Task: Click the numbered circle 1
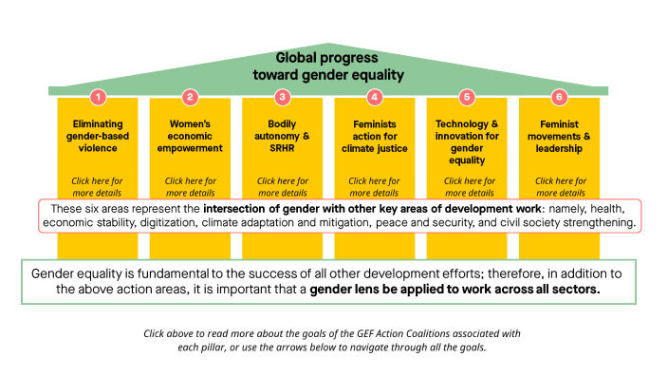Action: pyautogui.click(x=98, y=97)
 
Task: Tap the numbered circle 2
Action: pyautogui.click(x=190, y=97)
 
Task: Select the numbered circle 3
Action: pyautogui.click(x=282, y=97)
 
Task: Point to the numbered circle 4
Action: pyautogui.click(x=375, y=97)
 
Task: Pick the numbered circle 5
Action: pyautogui.click(x=466, y=97)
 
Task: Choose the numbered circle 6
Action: pyautogui.click(x=559, y=97)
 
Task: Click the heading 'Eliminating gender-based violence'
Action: pyautogui.click(x=98, y=136)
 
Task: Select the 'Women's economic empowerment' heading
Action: pyautogui.click(x=190, y=136)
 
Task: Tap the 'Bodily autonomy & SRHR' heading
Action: pyautogui.click(x=282, y=136)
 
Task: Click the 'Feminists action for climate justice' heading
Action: pyautogui.click(x=375, y=136)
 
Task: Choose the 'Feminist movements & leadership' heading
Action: pyautogui.click(x=559, y=136)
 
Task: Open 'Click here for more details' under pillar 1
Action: pyautogui.click(x=98, y=186)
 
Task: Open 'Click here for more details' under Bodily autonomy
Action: pyautogui.click(x=282, y=186)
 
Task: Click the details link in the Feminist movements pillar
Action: pyautogui.click(x=559, y=186)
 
